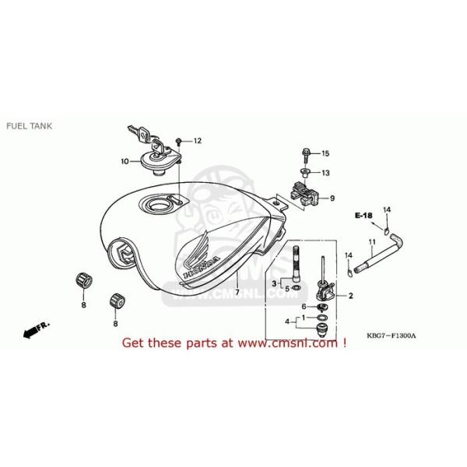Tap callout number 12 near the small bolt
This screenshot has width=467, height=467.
pyautogui.click(x=197, y=141)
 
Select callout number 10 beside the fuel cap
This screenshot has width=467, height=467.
pyautogui.click(x=125, y=161)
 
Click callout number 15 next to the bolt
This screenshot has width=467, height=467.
pyautogui.click(x=325, y=153)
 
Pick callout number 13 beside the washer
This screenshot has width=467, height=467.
pyautogui.click(x=325, y=173)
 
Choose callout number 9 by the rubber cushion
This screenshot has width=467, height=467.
pyautogui.click(x=331, y=198)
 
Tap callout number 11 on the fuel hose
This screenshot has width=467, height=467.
pyautogui.click(x=374, y=242)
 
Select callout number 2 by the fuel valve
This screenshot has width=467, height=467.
pyautogui.click(x=350, y=296)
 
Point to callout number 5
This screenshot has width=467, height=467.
pyautogui.click(x=286, y=289)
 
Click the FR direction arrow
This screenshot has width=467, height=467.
pyautogui.click(x=32, y=330)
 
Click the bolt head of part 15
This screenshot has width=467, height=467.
pyautogui.click(x=304, y=153)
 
